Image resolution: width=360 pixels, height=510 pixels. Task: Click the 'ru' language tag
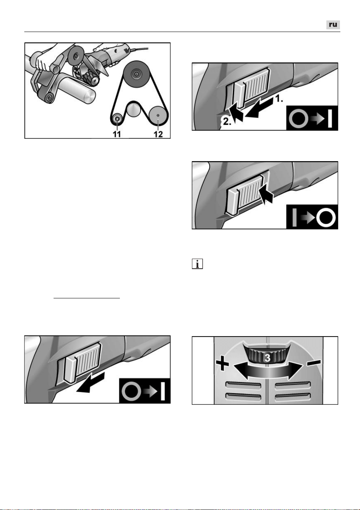[333, 25]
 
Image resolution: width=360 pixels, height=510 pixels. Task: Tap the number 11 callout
[117, 134]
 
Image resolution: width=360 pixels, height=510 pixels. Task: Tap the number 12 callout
[158, 134]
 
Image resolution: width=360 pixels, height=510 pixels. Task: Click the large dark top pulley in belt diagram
[136, 73]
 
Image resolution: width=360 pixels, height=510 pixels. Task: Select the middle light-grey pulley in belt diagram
[134, 110]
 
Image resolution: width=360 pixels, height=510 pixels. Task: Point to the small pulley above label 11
[117, 119]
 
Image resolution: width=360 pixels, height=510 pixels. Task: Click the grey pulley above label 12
[158, 116]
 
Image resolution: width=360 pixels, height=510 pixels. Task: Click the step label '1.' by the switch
[279, 99]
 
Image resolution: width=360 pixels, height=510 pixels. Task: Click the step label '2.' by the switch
[227, 121]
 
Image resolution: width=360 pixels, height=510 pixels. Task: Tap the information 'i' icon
[197, 264]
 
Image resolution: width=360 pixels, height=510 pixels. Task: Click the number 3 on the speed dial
[267, 358]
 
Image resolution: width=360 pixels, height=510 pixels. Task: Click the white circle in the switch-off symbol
[326, 217]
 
